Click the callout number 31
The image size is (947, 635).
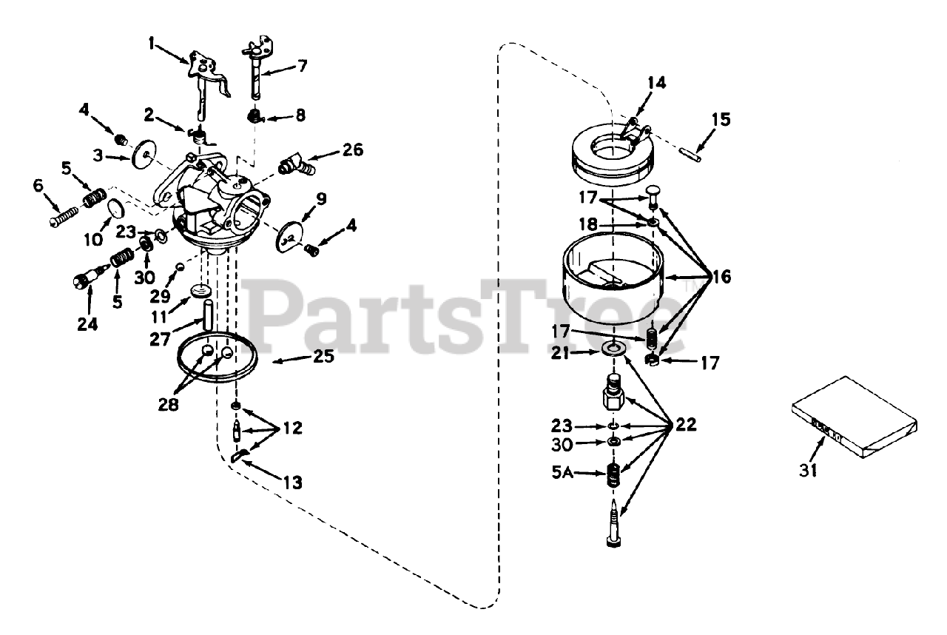point(809,468)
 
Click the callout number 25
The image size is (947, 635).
point(323,357)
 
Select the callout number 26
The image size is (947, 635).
point(353,150)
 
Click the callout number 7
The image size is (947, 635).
point(302,66)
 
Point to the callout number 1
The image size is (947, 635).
point(152,44)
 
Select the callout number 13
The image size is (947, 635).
point(292,483)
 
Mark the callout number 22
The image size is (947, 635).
point(685,425)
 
